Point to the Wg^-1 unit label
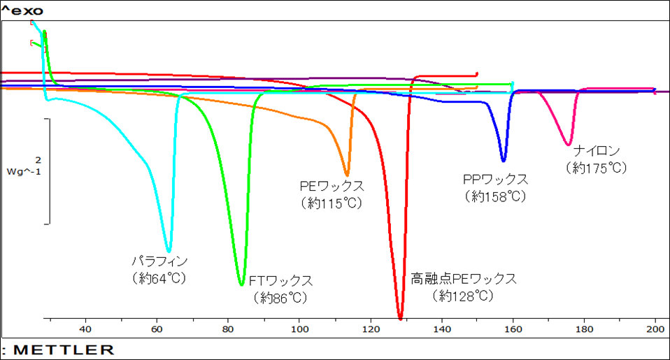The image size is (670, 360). tap(23, 171)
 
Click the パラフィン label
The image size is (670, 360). tap(160, 261)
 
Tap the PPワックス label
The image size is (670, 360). tap(495, 180)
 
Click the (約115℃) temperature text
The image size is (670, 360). tap(332, 203)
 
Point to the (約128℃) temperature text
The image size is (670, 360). tap(463, 296)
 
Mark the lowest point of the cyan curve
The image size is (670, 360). tap(169, 250)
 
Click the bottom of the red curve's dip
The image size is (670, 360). tap(400, 319)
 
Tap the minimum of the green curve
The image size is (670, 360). tap(241, 285)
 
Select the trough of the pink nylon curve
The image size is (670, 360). tap(568, 145)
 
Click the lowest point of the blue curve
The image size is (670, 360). tap(503, 161)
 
